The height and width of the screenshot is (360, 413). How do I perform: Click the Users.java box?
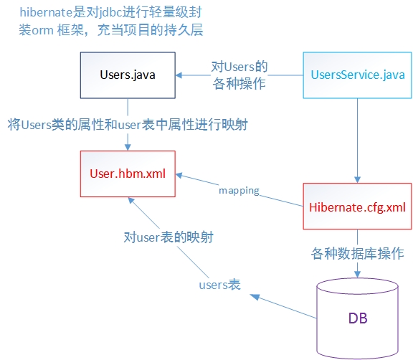[128, 75]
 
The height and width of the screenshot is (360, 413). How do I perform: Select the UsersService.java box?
[357, 75]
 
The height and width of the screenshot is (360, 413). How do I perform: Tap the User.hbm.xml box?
[128, 174]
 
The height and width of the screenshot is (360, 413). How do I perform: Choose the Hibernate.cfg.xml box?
[357, 207]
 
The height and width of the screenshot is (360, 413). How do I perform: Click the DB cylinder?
[357, 318]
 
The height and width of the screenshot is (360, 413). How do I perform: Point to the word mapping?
[239, 191]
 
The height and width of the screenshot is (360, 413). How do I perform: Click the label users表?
[219, 285]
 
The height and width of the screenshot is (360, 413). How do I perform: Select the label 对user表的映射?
[168, 237]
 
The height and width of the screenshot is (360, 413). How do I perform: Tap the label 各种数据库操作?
[357, 254]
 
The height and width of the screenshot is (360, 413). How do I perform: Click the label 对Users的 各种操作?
[239, 75]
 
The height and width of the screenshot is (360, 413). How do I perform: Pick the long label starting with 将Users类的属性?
[128, 125]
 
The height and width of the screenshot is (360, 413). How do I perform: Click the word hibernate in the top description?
[46, 12]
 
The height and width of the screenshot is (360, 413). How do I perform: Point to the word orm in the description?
[43, 31]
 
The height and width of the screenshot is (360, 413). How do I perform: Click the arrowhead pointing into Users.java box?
[179, 75]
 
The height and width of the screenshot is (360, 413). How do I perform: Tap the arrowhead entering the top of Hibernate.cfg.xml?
[357, 179]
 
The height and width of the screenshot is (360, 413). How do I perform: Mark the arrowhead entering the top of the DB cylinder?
[357, 274]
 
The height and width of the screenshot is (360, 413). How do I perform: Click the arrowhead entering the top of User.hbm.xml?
[128, 147]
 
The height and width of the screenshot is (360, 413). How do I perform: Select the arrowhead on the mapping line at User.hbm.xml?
[179, 175]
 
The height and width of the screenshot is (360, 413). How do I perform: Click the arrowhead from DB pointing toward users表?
[255, 297]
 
